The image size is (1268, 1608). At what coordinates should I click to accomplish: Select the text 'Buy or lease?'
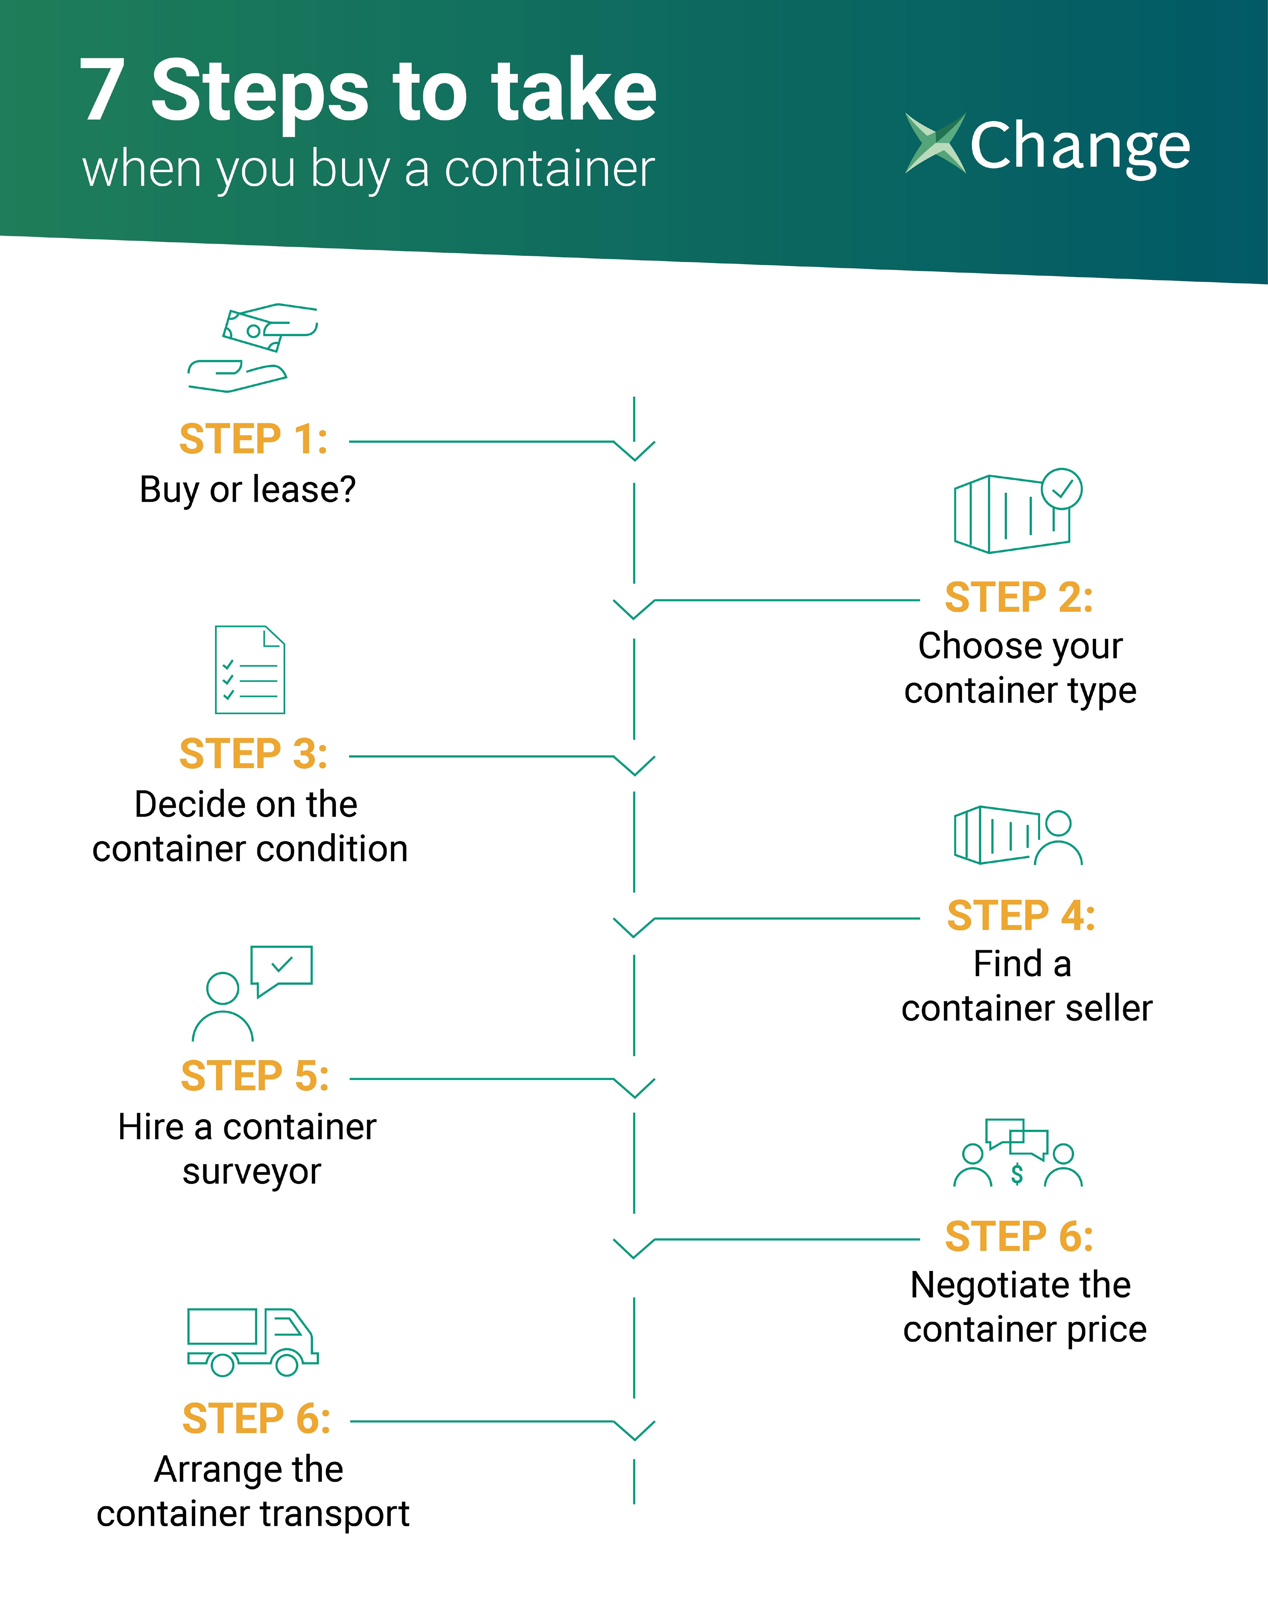click(248, 490)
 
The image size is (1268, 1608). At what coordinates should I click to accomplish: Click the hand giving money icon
click(252, 347)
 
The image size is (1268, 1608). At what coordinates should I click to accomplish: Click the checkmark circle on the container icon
click(1062, 488)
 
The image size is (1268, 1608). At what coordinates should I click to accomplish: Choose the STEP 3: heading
click(253, 754)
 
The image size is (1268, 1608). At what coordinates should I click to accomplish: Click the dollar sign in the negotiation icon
click(1017, 1174)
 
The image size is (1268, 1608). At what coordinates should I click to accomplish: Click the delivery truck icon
click(252, 1342)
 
